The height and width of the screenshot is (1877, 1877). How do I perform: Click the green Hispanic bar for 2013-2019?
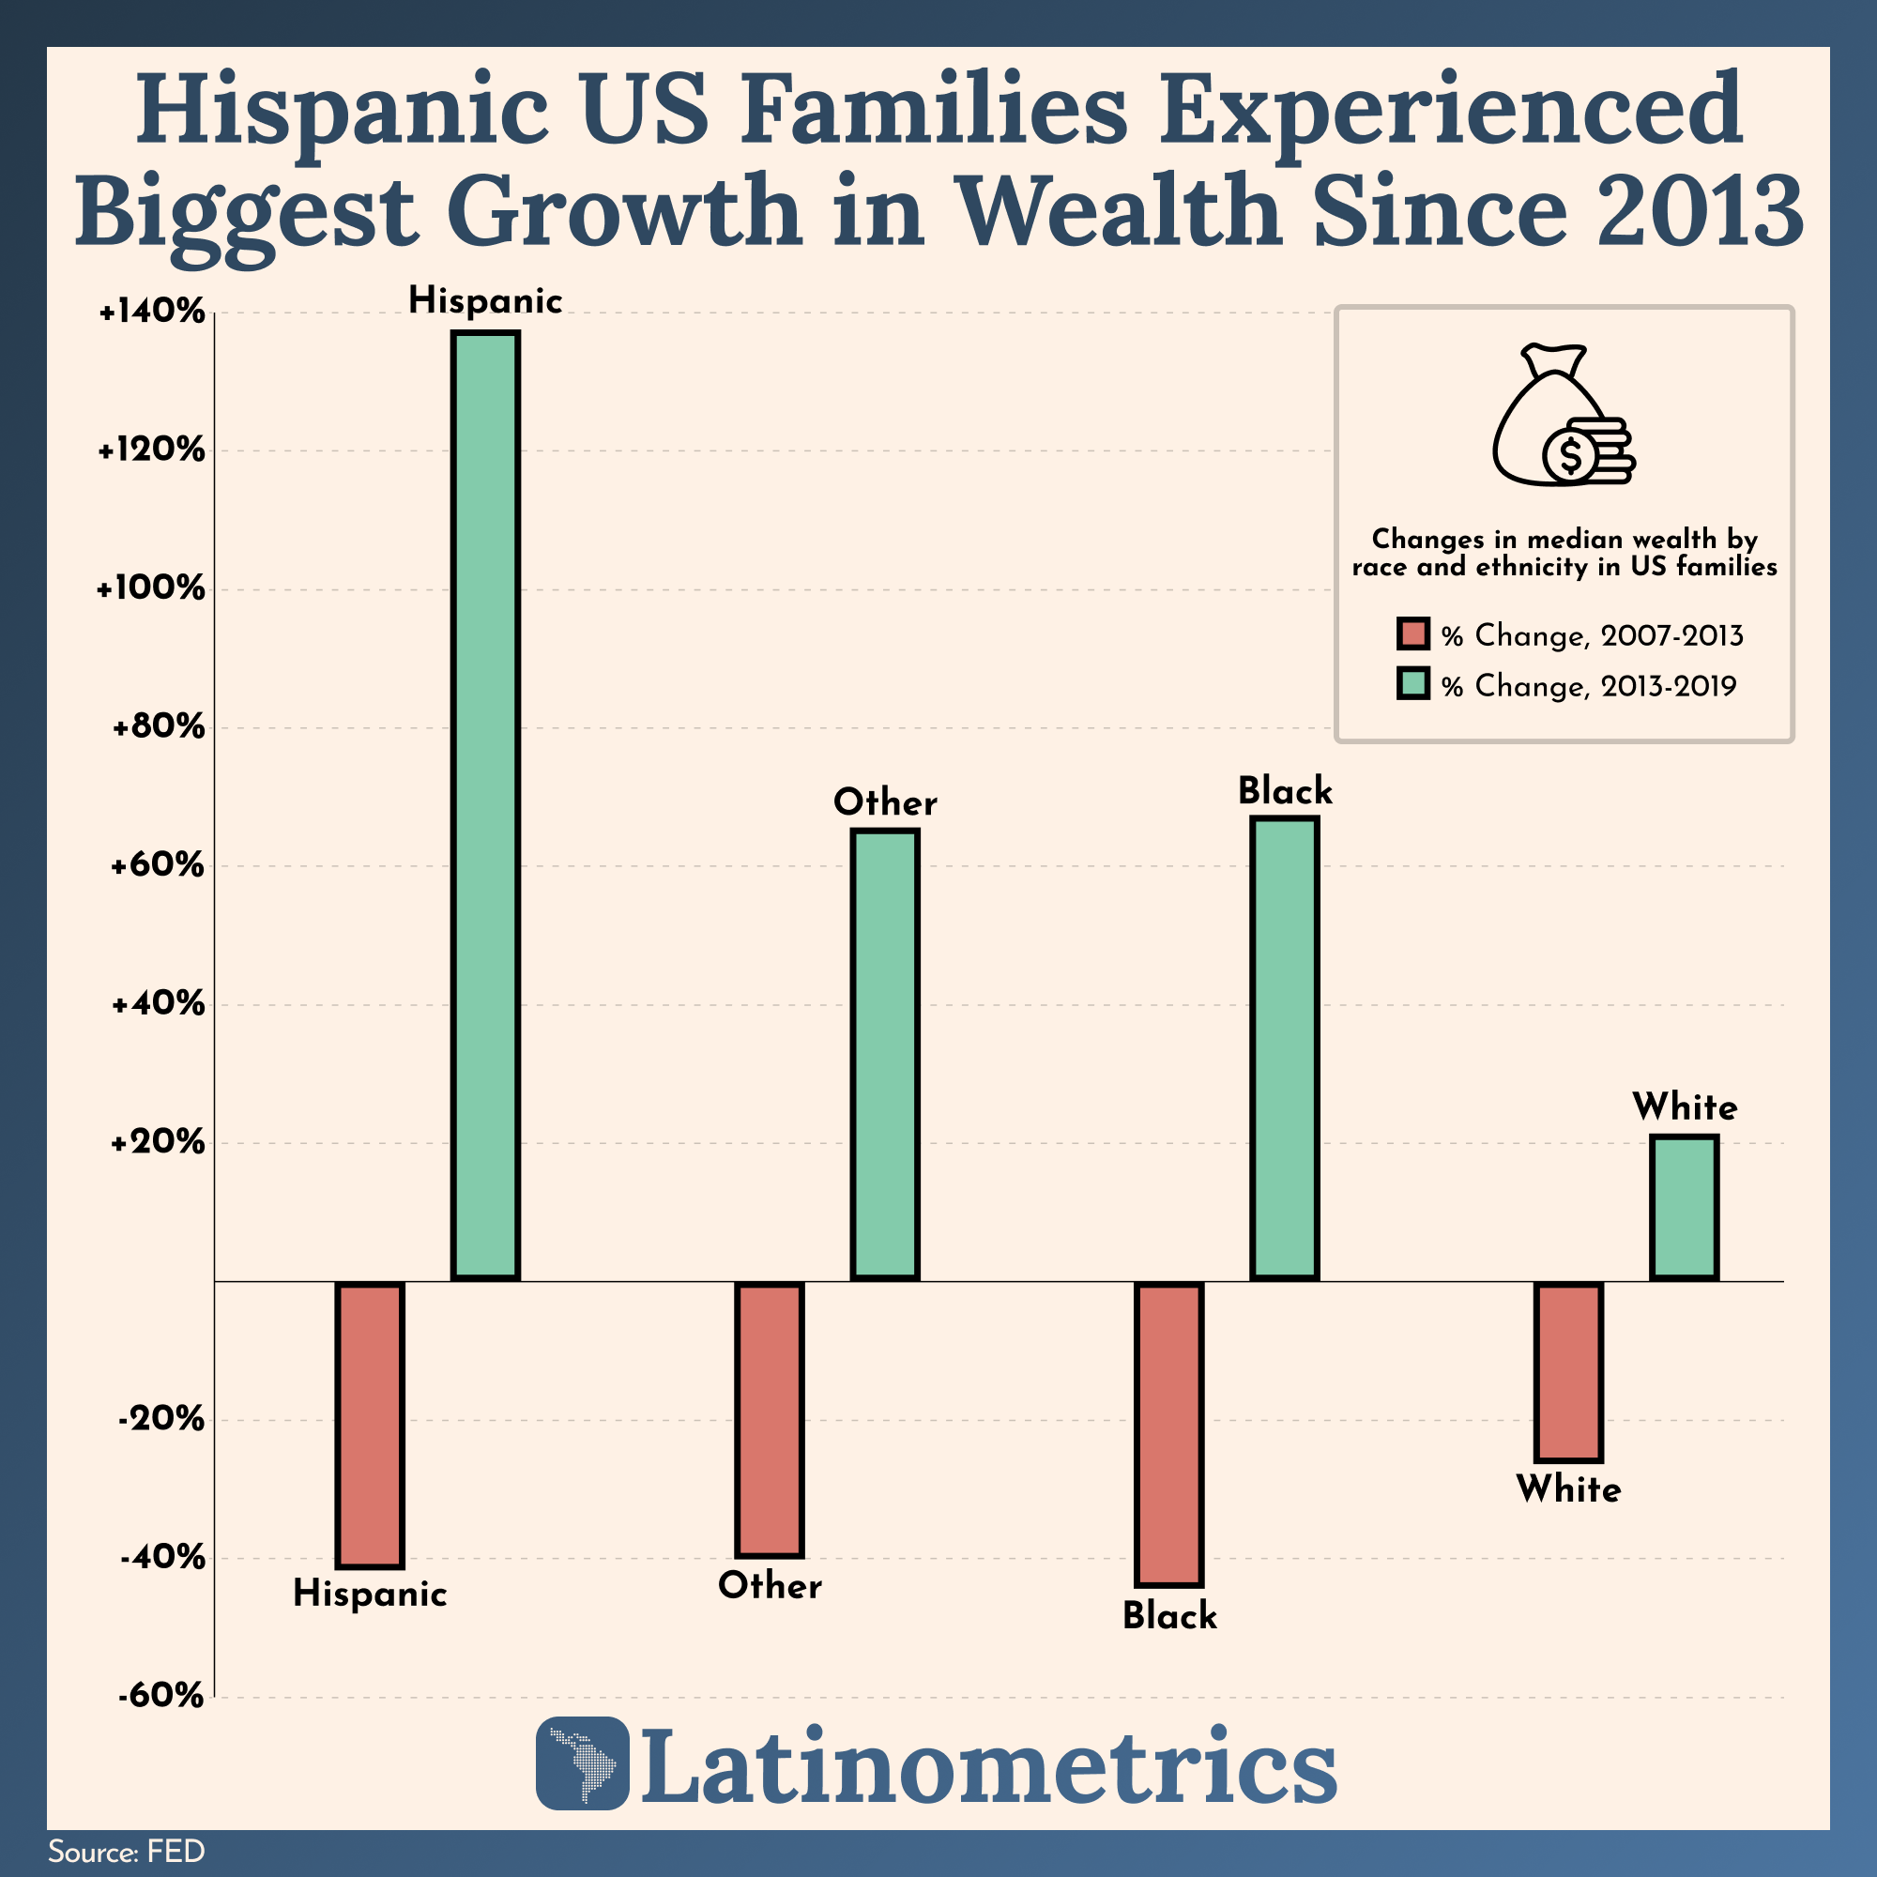[x=486, y=806]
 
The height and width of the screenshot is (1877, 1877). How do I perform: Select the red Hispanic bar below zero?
[x=369, y=1425]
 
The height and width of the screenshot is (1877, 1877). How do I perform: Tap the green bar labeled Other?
[x=885, y=1055]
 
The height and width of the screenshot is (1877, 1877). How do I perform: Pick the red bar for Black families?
[x=1169, y=1434]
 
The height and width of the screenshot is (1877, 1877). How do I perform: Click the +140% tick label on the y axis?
[x=153, y=313]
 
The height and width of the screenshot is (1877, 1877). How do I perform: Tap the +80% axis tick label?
[x=159, y=727]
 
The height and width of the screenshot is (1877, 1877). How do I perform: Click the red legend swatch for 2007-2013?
[x=1412, y=634]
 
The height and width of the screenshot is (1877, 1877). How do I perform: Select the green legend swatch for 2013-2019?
[x=1412, y=684]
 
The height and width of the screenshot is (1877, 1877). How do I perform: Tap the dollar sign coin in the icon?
[x=1569, y=454]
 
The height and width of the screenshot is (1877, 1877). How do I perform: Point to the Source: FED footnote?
[x=127, y=1851]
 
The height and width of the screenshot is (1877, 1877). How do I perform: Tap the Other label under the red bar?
[x=771, y=1585]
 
